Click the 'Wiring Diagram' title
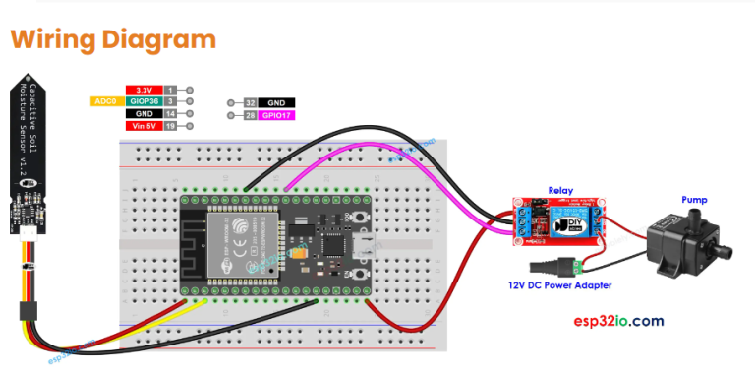click(113, 39)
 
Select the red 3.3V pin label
click(144, 89)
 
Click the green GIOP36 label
click(144, 101)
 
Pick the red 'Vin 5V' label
click(144, 126)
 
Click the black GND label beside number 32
click(276, 102)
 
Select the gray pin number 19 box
click(170, 126)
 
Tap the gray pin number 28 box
click(250, 115)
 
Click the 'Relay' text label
click(560, 190)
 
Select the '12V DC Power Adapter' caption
click(560, 285)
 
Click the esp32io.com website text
click(618, 321)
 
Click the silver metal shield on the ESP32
click(235, 242)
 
